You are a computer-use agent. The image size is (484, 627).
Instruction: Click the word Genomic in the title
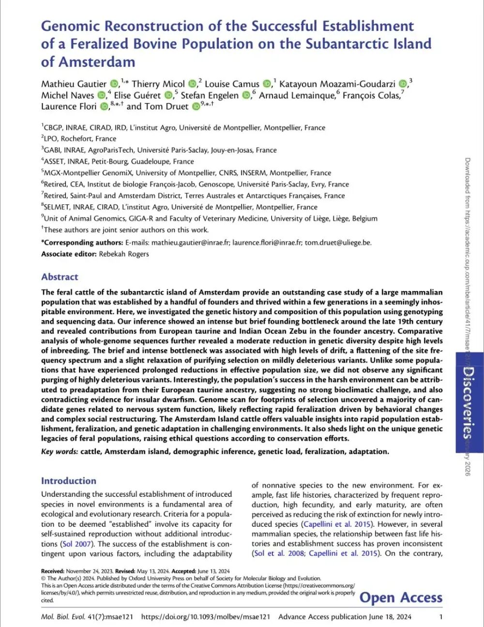pyautogui.click(x=71, y=26)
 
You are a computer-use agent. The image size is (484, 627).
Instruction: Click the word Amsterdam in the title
pyautogui.click(x=97, y=62)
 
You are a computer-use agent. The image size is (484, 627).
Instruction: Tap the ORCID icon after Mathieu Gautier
pyautogui.click(x=114, y=84)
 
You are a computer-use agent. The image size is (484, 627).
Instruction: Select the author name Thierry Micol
pyautogui.click(x=158, y=84)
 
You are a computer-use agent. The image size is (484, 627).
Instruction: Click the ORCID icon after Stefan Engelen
pyautogui.click(x=246, y=95)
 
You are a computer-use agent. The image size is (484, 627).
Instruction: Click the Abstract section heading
pyautogui.click(x=60, y=277)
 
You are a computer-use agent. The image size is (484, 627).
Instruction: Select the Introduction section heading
pyautogui.click(x=69, y=481)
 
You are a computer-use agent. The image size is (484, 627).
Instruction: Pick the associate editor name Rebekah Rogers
pyautogui.click(x=124, y=254)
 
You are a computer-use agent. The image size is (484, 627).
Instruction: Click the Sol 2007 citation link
pyautogui.click(x=76, y=544)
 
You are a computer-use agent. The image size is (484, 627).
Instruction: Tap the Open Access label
pyautogui.click(x=401, y=598)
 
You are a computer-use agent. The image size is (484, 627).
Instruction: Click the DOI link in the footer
pyautogui.click(x=205, y=617)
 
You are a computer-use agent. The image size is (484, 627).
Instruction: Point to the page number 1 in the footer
pyautogui.click(x=440, y=617)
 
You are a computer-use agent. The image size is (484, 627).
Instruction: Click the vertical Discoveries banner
pyautogui.click(x=469, y=402)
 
